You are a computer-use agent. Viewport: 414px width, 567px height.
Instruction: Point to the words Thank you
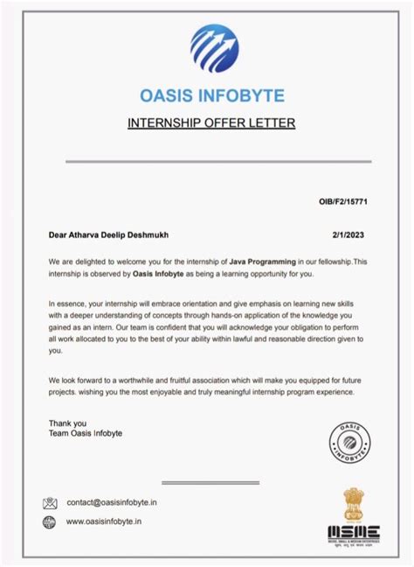tap(68, 423)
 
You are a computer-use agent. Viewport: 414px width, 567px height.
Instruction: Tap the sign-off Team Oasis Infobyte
tap(86, 434)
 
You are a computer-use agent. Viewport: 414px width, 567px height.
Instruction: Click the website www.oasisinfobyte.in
tap(104, 522)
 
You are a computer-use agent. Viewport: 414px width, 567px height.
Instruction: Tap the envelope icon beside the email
tap(50, 503)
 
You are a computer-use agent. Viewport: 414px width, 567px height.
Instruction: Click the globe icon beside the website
tap(50, 522)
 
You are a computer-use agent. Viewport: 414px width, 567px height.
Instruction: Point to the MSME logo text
tap(353, 530)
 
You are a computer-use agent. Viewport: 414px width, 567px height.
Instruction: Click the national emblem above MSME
tap(353, 503)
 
